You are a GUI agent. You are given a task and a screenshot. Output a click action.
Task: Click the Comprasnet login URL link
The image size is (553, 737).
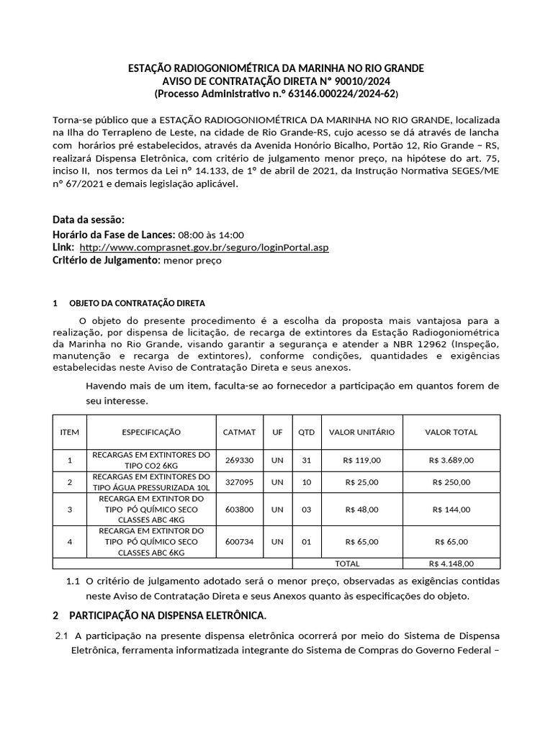[204, 248]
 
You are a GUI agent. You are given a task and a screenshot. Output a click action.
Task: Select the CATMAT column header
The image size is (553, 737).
[240, 432]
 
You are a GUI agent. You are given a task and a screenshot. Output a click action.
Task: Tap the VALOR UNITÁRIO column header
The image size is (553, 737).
[361, 432]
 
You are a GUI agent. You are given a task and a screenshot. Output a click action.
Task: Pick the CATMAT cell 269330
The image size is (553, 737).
[240, 460]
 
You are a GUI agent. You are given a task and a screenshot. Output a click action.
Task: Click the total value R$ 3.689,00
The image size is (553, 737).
[451, 460]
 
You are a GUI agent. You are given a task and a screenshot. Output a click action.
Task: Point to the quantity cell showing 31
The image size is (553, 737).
[307, 460]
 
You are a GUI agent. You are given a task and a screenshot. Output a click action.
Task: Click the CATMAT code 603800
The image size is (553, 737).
[240, 509]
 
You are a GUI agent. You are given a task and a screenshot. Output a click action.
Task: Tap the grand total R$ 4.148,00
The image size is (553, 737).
[451, 564]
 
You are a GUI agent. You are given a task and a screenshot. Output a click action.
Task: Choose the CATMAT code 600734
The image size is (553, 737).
[240, 541]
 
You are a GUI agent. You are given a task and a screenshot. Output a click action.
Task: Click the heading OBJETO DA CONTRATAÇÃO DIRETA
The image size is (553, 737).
[137, 303]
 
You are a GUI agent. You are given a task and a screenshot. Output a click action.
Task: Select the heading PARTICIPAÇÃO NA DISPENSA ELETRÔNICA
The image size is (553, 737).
[168, 616]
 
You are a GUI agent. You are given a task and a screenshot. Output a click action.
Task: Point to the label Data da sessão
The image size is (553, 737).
[89, 220]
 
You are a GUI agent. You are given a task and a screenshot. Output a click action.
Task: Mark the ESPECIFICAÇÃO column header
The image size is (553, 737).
[151, 432]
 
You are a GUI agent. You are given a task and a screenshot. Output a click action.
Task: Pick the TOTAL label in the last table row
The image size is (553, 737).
[347, 564]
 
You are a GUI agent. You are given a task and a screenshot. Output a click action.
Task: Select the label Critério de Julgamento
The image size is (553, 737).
[106, 261]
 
